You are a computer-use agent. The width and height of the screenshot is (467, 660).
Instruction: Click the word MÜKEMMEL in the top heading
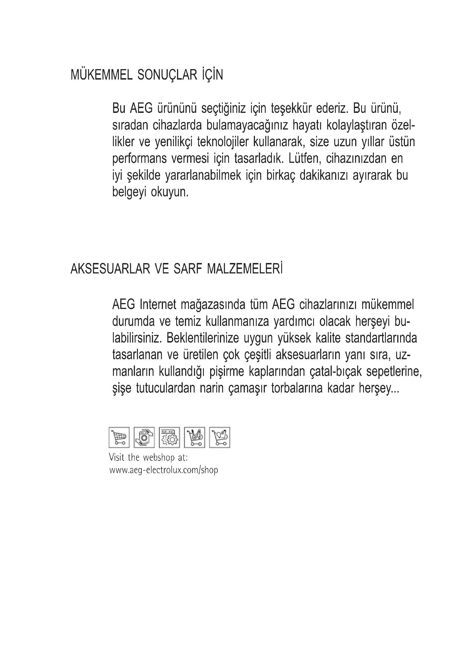102,75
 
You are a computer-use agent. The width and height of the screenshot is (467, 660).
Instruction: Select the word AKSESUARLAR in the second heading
110,269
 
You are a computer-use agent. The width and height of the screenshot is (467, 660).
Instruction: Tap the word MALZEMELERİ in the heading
245,269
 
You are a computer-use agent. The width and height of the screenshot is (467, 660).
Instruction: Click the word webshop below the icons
159,457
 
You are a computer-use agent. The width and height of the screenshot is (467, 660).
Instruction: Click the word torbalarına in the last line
297,388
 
